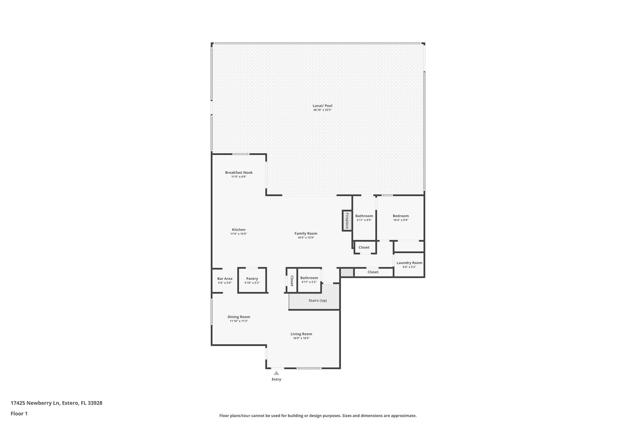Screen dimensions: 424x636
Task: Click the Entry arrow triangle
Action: (276, 373)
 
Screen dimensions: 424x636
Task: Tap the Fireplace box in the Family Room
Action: (347, 221)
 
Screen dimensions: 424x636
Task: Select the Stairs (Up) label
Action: (317, 301)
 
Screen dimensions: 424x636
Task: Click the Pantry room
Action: (252, 280)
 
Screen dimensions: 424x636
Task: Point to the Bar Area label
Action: (225, 279)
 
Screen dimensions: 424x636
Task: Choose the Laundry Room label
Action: (409, 263)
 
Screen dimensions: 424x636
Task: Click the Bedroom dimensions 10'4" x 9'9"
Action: (401, 220)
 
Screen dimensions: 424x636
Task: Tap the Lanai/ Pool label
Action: (322, 106)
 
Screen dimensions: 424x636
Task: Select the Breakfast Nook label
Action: (239, 173)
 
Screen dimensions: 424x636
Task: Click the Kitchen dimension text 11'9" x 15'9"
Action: (238, 234)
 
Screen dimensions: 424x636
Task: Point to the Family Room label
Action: (306, 234)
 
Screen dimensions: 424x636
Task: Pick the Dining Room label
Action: (239, 317)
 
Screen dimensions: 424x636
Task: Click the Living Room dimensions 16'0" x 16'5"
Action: (301, 338)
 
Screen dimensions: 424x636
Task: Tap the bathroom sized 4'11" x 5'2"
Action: (309, 280)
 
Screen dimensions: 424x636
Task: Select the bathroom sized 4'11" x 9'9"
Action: (364, 218)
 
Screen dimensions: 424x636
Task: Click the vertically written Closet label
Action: (292, 281)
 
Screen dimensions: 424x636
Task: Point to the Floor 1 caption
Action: (19, 414)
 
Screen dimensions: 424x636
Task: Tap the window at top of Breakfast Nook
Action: (241, 154)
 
